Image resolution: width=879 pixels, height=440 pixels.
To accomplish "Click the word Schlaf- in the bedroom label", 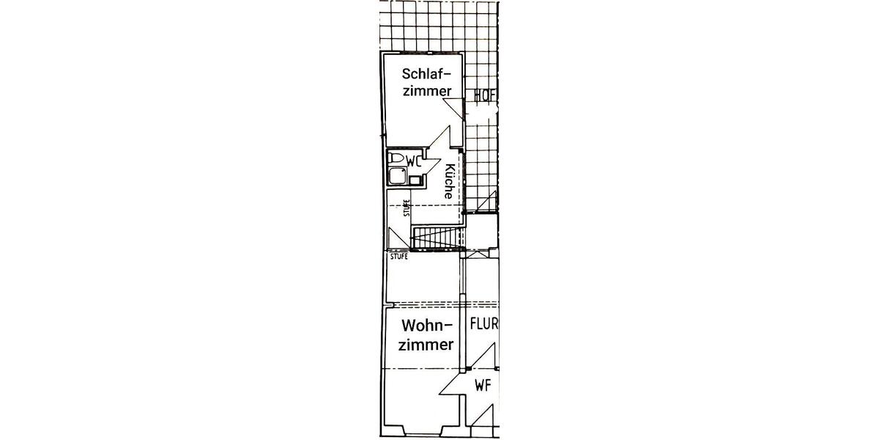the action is (x=426, y=73).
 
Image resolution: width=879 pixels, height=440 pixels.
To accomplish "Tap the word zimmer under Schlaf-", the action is (x=427, y=91).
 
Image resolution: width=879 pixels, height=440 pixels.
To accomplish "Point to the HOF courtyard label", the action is (x=486, y=96).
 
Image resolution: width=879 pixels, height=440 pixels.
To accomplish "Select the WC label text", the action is (x=414, y=161).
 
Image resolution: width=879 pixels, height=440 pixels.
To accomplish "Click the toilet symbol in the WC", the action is (x=396, y=158).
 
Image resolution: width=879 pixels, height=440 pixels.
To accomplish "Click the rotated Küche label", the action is (x=449, y=181).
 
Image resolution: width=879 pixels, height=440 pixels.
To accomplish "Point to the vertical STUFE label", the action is (x=407, y=208).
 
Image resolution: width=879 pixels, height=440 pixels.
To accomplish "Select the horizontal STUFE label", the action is (x=399, y=257).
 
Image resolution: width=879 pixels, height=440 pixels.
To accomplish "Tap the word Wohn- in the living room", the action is (x=427, y=326).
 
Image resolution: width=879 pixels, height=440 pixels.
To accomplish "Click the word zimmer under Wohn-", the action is (x=426, y=345).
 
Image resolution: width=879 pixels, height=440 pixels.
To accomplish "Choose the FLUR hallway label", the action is (x=484, y=324).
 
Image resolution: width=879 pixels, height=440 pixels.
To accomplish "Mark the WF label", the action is (x=483, y=386).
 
